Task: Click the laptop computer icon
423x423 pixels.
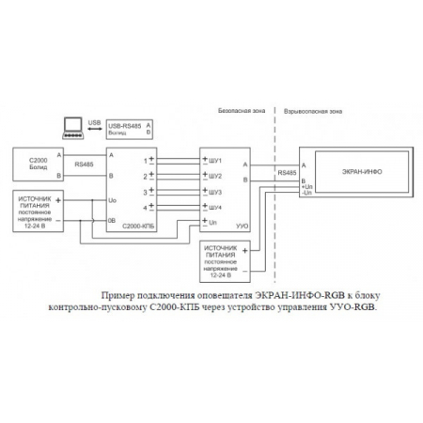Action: tap(71, 125)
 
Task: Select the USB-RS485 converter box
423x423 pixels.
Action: tap(128, 129)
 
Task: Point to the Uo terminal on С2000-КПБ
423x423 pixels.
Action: tap(113, 200)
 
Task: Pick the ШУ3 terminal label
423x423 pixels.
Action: tap(214, 191)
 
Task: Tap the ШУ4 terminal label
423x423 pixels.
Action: tap(214, 206)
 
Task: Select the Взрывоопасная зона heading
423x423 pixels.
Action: tap(305, 111)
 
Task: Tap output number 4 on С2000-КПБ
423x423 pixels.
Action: tap(145, 206)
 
